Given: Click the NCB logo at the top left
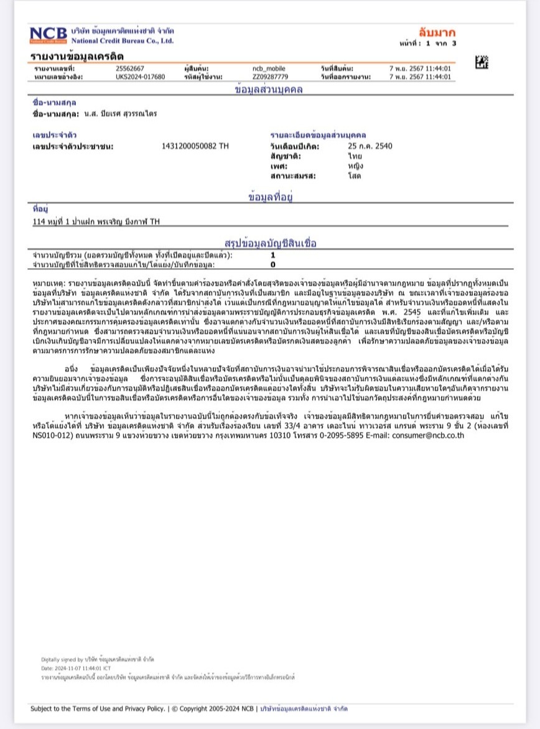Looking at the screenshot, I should coord(48,35).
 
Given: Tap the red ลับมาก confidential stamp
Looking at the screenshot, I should coord(436,32).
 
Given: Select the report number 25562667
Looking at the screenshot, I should coord(130,68).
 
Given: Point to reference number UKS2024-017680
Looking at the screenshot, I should coord(141,77).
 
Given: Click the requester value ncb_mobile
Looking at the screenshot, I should coord(268,68).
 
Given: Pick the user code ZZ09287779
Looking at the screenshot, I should coord(270,77).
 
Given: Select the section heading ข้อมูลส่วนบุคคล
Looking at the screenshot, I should coord(269,90).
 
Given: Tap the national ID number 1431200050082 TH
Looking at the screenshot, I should coord(195,146).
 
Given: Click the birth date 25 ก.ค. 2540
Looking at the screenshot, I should coord(370,146).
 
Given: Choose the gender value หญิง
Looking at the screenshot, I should coord(356,166).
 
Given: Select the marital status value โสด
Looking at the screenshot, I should coord(355,176).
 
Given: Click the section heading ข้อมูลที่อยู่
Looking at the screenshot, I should coord(270,197).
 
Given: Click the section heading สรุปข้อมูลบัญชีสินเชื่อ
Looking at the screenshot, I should coord(269,242).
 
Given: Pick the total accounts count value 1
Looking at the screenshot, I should coord(272,255).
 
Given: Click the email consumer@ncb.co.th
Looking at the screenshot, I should coord(428,435).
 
